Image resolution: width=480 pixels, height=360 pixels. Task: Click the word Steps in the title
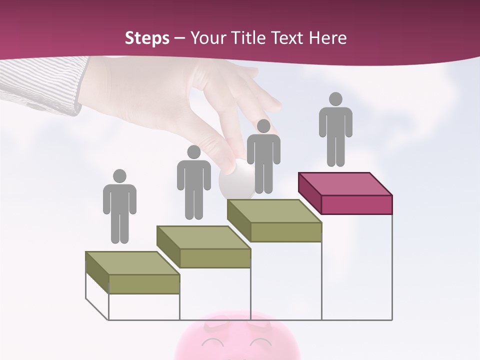pos(147,38)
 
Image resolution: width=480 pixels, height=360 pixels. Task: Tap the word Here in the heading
pos(327,38)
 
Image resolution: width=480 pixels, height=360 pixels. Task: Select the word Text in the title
pos(287,38)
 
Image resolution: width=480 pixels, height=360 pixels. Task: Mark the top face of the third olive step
pos(274,211)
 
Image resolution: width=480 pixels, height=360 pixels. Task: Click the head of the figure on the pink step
pos(335,99)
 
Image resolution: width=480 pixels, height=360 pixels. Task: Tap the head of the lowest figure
pos(119,176)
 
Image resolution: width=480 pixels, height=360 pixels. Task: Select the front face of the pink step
pos(356,204)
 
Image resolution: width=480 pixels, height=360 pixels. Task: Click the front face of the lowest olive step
pos(144,284)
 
